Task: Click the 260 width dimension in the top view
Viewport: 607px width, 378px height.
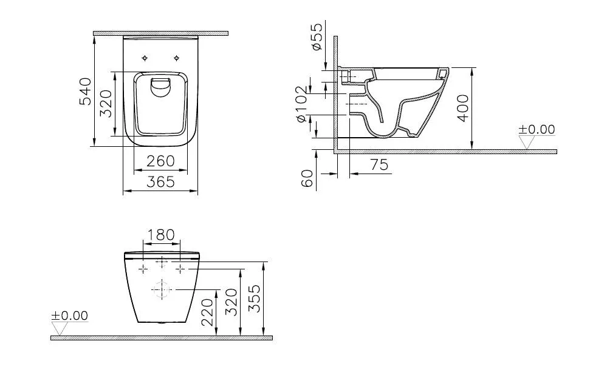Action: point(161,161)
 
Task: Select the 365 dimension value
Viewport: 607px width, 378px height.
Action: point(161,181)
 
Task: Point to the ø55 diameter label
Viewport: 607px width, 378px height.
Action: point(316,38)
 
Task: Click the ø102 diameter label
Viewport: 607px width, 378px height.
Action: point(302,107)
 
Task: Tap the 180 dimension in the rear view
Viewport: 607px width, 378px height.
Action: point(161,235)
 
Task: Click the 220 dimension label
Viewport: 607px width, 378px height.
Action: point(208,312)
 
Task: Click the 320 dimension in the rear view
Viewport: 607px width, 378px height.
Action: point(231,302)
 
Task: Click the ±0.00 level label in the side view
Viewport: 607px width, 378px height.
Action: point(537,129)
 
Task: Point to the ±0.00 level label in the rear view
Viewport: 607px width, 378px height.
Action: point(69,316)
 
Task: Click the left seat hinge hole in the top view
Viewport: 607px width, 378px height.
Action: point(145,58)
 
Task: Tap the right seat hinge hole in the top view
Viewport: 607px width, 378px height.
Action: point(177,58)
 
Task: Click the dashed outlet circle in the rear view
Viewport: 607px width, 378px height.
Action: point(162,290)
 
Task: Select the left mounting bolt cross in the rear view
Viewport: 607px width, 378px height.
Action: point(143,268)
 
